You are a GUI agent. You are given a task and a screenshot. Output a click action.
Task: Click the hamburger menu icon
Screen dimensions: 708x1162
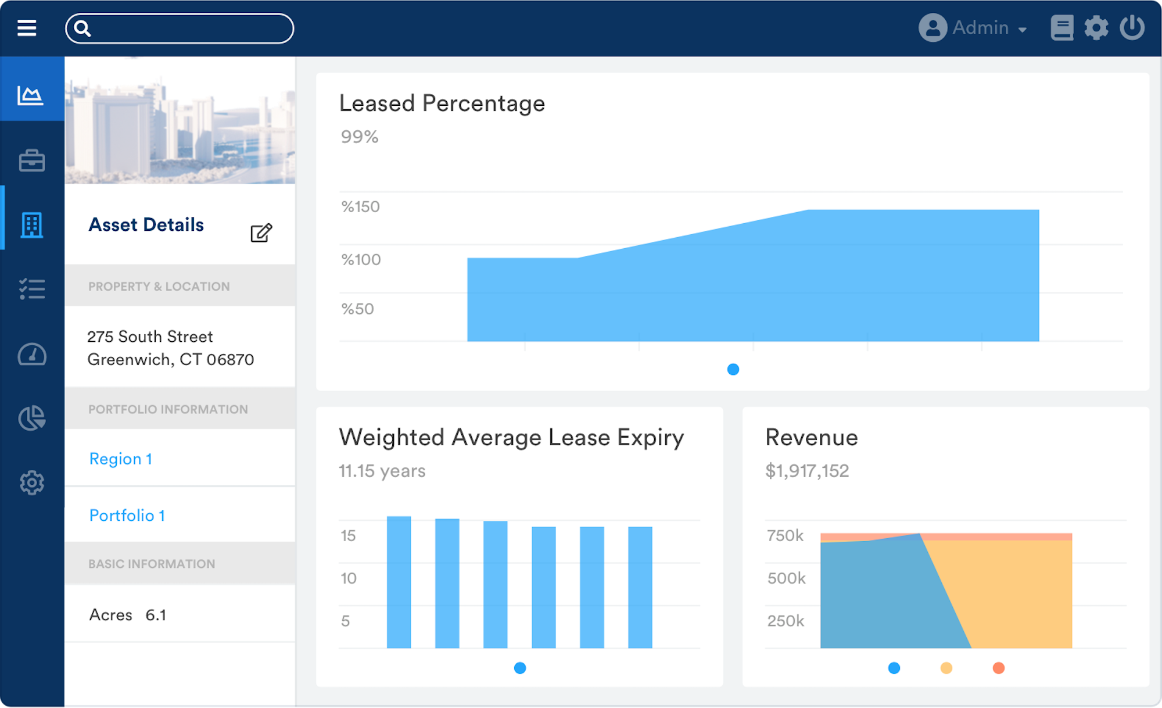(27, 28)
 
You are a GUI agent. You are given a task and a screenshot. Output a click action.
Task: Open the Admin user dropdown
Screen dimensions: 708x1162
(973, 28)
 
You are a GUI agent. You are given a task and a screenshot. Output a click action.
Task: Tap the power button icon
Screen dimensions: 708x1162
(1132, 28)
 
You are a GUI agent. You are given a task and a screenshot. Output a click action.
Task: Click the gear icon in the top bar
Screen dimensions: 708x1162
(1096, 28)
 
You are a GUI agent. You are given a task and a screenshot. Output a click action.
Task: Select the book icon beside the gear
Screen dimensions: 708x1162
(1061, 28)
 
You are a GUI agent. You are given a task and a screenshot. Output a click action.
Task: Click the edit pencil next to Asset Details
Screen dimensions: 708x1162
(261, 233)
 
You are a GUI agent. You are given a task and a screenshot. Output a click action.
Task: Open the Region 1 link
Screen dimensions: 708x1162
(121, 459)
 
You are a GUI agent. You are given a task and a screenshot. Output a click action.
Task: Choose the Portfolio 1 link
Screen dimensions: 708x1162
(127, 515)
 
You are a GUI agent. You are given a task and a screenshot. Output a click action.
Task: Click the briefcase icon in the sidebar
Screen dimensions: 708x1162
(32, 160)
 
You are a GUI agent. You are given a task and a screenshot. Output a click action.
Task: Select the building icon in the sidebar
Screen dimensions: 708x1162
(32, 225)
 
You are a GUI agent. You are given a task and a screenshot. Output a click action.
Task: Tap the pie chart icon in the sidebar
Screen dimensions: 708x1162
(32, 418)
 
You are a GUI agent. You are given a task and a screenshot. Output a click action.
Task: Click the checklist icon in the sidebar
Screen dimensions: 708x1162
(32, 289)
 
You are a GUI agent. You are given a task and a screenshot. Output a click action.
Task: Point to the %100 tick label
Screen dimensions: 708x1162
(361, 259)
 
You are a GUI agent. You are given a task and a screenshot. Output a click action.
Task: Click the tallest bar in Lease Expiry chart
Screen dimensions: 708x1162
(399, 581)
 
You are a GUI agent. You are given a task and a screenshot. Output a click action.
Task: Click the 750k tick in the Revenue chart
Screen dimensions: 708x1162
(785, 535)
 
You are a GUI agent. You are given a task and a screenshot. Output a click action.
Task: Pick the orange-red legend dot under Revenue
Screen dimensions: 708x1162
(998, 668)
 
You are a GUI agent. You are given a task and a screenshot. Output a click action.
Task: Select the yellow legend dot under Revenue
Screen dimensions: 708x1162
(946, 668)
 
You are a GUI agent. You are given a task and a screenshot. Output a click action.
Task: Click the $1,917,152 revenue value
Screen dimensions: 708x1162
(807, 470)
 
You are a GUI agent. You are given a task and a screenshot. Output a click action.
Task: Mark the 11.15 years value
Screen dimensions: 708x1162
(382, 470)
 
